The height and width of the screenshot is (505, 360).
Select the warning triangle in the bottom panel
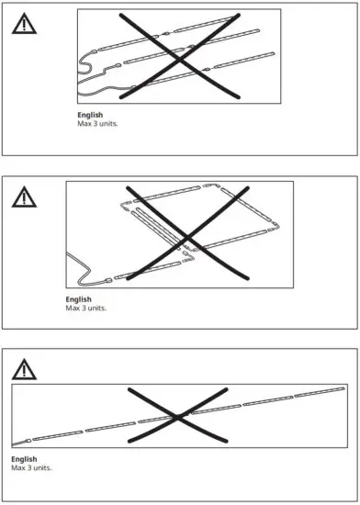[x=24, y=369]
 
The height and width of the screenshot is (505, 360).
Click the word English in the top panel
[x=91, y=114]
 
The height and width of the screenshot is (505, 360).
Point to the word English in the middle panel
[x=79, y=299]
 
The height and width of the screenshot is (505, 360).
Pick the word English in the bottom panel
[x=25, y=459]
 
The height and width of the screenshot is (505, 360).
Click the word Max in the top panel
[x=84, y=122]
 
